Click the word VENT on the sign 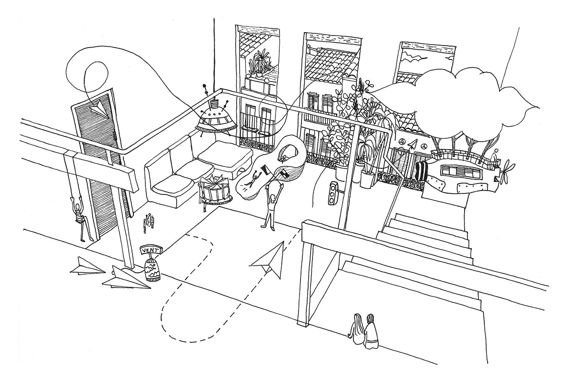150,250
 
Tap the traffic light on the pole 332,193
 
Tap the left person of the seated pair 358,328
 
